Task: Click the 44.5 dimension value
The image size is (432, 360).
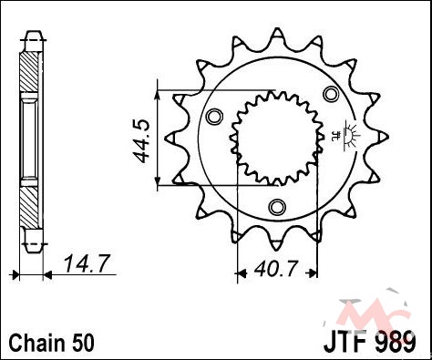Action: pyautogui.click(x=141, y=140)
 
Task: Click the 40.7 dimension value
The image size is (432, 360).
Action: pyautogui.click(x=275, y=269)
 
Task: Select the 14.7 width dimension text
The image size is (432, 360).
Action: pyautogui.click(x=87, y=263)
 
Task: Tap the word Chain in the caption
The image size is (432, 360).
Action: pyautogui.click(x=36, y=343)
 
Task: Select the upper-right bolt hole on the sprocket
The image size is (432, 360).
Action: pyautogui.click(x=331, y=94)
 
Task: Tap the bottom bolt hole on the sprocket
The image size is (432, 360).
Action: pyautogui.click(x=277, y=207)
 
